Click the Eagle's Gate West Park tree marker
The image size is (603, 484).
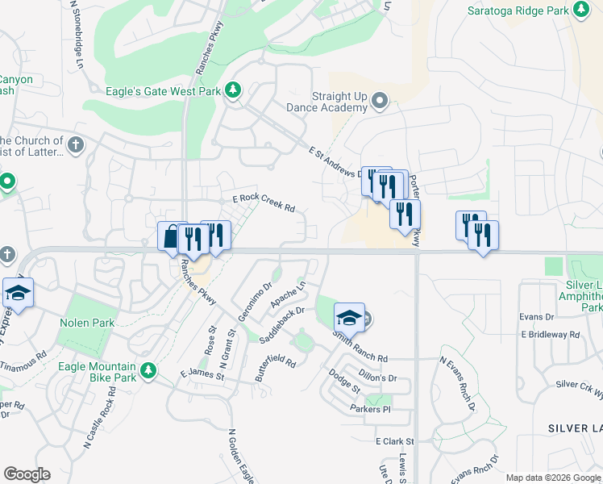coord(234,90)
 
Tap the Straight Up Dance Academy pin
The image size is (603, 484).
coord(380,102)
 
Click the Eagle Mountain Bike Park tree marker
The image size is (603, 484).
coord(148,370)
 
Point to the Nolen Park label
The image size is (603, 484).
coord(87,323)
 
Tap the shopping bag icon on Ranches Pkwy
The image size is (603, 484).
coord(171,237)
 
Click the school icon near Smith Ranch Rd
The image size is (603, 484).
coord(349,317)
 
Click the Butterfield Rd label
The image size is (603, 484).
coord(276,370)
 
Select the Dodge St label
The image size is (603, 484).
coord(344,381)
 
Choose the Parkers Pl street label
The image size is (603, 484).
coord(370,410)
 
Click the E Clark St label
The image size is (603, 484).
coord(394,441)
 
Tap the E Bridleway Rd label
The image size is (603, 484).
coord(551,334)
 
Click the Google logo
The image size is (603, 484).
coord(27,474)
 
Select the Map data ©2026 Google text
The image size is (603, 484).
coord(552,478)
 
